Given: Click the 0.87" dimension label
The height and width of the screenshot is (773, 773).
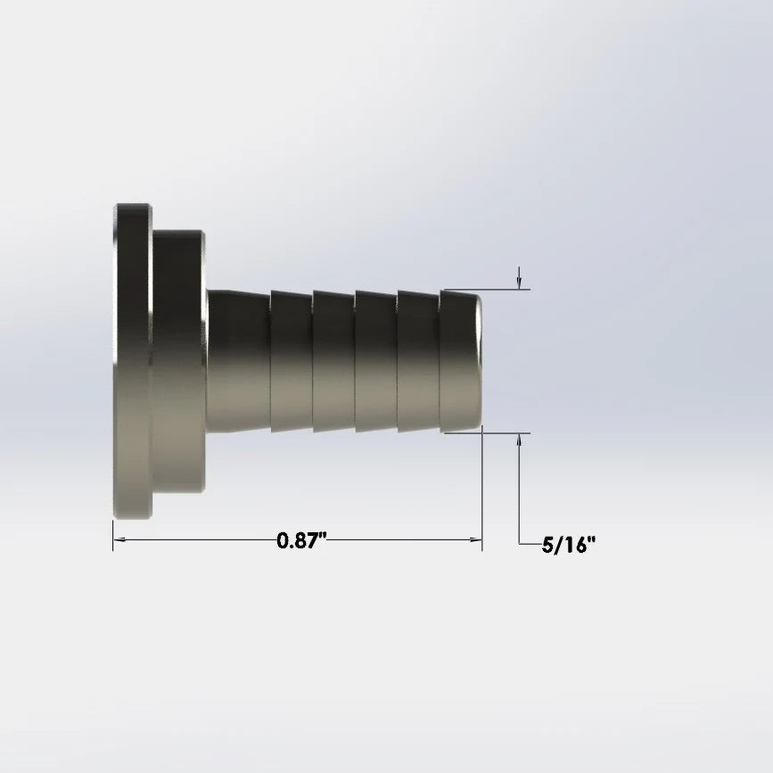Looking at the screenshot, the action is tap(302, 540).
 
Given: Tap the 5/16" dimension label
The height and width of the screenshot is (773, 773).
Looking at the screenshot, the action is tap(569, 546).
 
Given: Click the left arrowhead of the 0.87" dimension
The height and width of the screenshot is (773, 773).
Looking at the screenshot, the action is tap(119, 539).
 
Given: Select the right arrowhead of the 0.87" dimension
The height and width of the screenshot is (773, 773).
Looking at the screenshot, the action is tap(476, 539).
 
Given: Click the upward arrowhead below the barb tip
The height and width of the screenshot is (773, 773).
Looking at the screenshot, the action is tap(519, 440).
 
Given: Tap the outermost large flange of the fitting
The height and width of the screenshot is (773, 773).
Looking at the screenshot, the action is tap(133, 361).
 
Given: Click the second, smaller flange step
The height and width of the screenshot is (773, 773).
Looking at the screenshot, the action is tap(178, 361).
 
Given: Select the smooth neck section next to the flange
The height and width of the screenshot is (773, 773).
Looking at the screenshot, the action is tap(239, 361).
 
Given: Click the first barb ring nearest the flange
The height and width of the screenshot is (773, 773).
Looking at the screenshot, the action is tap(292, 361).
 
